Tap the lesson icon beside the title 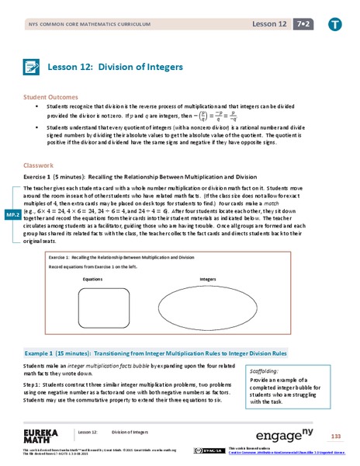[33, 68]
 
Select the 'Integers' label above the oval [207, 277]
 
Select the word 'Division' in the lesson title [129, 67]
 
